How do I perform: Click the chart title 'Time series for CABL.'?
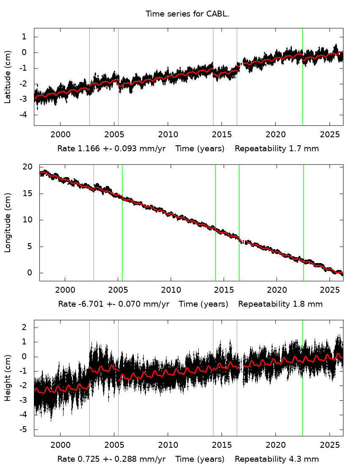pos(187,14)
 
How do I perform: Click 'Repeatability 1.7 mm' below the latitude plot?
pos(277,149)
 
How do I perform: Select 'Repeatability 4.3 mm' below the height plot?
pos(277,459)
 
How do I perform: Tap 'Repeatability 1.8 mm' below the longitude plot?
pos(280,304)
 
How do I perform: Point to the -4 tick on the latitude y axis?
pos(24,115)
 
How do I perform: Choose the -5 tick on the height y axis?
pos(24,430)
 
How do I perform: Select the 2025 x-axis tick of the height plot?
pos(329,444)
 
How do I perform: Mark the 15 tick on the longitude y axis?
pos(28,194)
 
